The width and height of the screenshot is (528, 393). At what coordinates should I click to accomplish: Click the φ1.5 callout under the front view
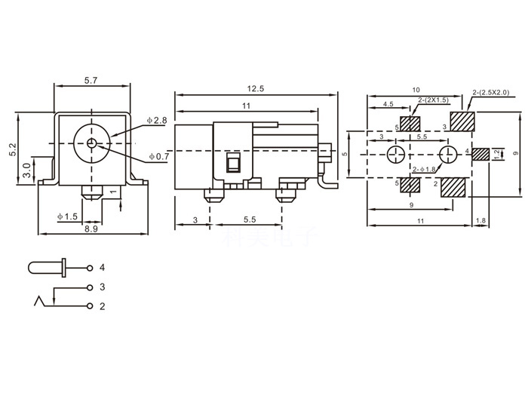(x=67, y=216)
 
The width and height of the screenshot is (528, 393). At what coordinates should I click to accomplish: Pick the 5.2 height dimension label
(x=12, y=149)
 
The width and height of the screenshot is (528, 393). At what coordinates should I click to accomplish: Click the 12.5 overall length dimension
(x=255, y=88)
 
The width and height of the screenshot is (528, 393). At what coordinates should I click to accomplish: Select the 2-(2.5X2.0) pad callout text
(x=491, y=92)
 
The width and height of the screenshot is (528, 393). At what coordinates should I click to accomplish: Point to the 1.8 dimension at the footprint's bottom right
(x=481, y=220)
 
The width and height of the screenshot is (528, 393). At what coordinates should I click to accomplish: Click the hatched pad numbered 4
(x=480, y=154)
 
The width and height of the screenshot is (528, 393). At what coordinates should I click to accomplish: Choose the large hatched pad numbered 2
(x=455, y=186)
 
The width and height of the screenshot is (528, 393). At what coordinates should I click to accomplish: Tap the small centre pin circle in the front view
(x=91, y=143)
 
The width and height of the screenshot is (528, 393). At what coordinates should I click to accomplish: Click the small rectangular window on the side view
(x=233, y=164)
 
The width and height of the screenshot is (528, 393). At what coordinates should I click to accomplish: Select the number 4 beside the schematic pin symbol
(x=102, y=268)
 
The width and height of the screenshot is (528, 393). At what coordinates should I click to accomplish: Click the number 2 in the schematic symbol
(x=102, y=306)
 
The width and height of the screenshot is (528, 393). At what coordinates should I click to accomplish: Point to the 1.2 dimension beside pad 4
(x=496, y=154)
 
